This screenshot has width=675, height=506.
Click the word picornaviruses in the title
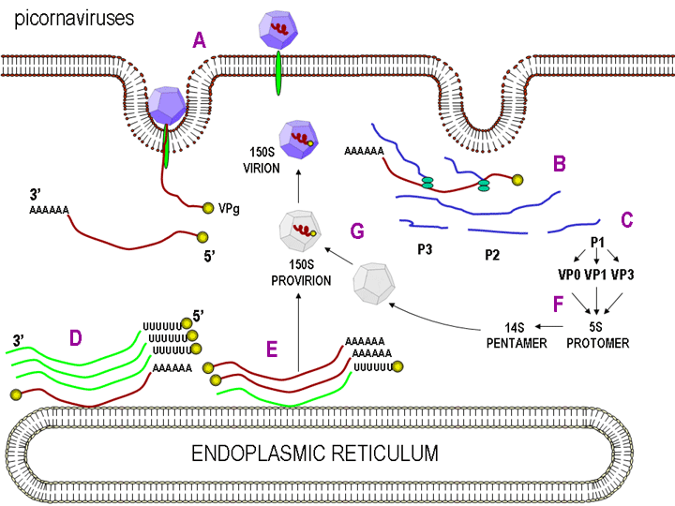coord(74,20)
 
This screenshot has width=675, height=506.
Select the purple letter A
coord(199,41)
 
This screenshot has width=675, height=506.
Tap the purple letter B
coord(559,164)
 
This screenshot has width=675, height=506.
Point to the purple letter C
coord(627,220)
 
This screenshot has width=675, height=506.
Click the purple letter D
coord(76,338)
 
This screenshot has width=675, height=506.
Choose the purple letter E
coord(272,349)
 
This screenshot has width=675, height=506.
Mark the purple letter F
coord(559,304)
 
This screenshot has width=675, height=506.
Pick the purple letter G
coord(357,231)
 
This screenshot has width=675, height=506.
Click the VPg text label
coord(229,209)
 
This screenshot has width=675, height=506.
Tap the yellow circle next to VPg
coord(208,208)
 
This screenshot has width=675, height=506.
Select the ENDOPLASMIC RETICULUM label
coord(315,454)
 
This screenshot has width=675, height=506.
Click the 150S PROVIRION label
coord(301,273)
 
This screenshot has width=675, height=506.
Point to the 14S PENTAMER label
coord(517,335)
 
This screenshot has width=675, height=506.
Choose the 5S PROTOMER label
coord(597,335)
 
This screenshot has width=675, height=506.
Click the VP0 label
coord(569,275)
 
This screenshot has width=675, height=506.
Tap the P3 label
coord(425,249)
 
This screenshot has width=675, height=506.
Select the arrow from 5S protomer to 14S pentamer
coord(549,327)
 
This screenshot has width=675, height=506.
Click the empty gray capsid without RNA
coord(374,284)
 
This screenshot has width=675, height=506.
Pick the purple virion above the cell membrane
coord(278,29)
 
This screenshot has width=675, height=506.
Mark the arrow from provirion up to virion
coord(298,186)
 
